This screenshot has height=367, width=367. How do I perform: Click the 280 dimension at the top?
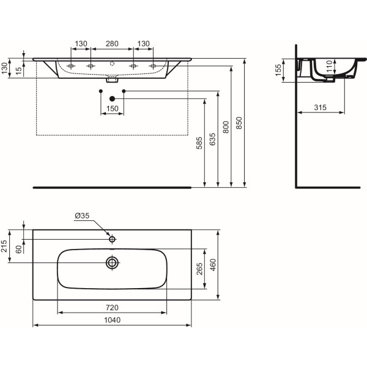[x=111, y=43]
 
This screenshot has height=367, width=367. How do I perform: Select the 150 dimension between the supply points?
[x=112, y=108]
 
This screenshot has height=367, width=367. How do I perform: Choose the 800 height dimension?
[x=226, y=127]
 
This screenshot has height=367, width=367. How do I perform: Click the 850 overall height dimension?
[x=239, y=122]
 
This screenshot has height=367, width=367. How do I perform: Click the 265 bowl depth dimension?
[x=199, y=270]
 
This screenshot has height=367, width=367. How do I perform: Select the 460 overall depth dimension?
[x=213, y=265]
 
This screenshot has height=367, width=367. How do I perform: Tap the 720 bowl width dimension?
[x=111, y=307]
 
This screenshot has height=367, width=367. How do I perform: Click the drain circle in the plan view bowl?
[x=112, y=263]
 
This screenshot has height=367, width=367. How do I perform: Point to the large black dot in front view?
[x=112, y=98]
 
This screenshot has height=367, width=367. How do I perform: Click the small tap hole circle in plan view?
[x=112, y=239]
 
